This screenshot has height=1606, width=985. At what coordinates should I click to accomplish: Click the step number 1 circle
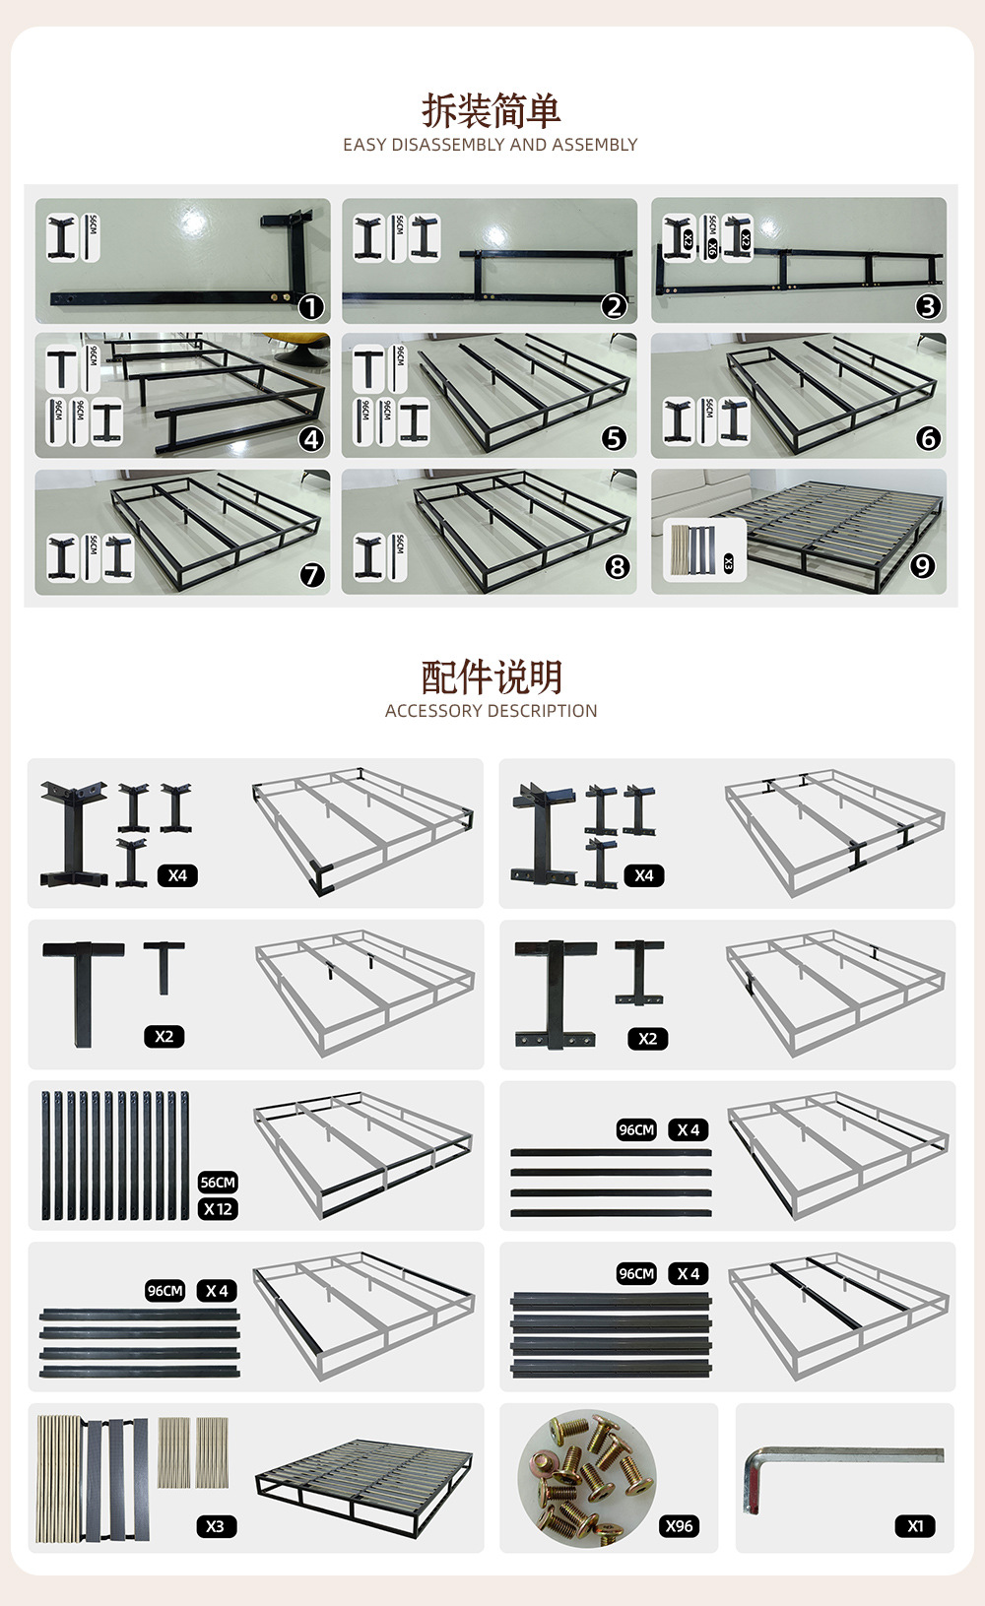[311, 307]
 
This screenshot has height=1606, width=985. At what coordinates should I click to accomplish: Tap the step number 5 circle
[614, 438]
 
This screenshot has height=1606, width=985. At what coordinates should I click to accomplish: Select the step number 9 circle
[922, 566]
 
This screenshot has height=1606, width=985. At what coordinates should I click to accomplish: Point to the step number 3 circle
[927, 306]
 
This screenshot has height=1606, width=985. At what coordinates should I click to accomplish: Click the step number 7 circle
[312, 574]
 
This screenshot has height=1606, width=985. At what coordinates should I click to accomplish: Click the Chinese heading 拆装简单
[492, 110]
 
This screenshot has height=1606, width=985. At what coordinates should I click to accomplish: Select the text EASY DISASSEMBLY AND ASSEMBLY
[490, 145]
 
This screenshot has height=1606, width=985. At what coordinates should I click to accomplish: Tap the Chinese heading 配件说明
[492, 677]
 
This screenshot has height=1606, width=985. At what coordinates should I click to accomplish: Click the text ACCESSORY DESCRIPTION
[491, 711]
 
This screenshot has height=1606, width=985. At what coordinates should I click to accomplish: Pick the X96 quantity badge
[679, 1525]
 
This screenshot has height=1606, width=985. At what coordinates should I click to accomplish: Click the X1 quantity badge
[915, 1525]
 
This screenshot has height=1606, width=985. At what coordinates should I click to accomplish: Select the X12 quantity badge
[218, 1208]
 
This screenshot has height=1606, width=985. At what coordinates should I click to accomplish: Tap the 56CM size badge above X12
[218, 1182]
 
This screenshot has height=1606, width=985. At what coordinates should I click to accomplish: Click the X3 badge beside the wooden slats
[215, 1525]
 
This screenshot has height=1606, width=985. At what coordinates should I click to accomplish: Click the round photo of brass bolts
[587, 1478]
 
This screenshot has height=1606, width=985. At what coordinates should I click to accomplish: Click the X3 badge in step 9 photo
[729, 563]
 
